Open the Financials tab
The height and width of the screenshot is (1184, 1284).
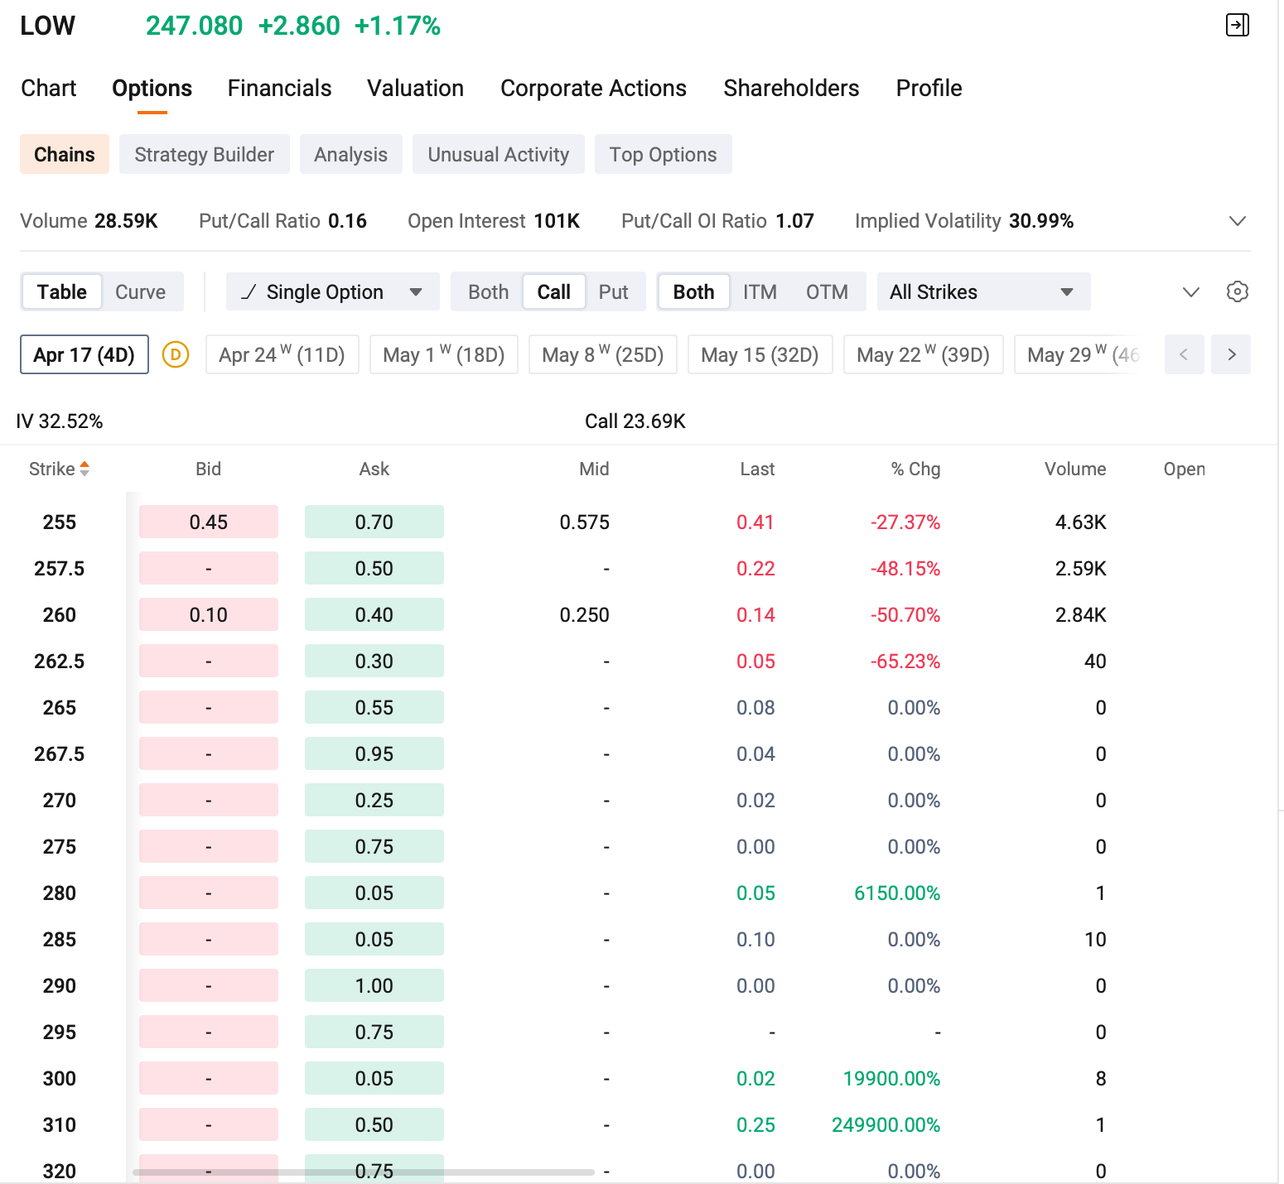pos(279,88)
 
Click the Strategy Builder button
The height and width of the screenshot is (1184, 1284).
pos(205,154)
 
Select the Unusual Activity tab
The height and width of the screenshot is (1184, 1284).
pos(499,154)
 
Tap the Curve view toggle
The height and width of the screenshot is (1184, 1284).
pos(140,291)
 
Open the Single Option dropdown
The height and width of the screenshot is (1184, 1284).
pos(332,291)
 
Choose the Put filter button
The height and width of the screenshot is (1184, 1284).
pos(613,291)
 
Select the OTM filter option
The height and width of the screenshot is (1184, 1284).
pos(827,291)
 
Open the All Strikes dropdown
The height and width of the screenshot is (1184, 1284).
pos(983,291)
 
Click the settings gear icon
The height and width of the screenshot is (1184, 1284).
pos(1238,291)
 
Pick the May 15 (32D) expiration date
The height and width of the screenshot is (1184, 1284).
pos(760,354)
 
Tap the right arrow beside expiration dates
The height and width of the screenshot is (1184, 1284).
pos(1231,354)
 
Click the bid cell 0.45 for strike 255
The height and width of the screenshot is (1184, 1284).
pos(209,522)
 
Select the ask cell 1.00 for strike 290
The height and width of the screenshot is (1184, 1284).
pos(374,985)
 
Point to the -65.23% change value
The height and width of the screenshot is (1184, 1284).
pos(905,661)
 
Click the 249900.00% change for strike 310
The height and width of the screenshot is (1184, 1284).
pos(886,1124)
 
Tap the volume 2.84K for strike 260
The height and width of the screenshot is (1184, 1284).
pos(1081,614)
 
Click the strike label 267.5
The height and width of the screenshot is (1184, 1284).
pos(60,753)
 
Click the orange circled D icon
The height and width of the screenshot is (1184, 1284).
pos(176,354)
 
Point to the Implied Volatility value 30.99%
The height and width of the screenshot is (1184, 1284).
pos(1041,221)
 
